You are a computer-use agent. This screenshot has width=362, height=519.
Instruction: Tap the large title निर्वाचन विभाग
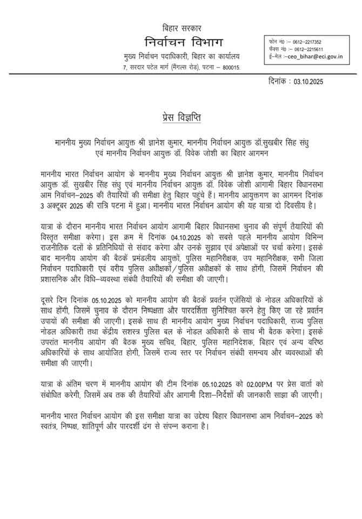click(x=180, y=42)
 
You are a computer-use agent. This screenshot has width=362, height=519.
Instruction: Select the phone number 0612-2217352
click(x=306, y=42)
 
